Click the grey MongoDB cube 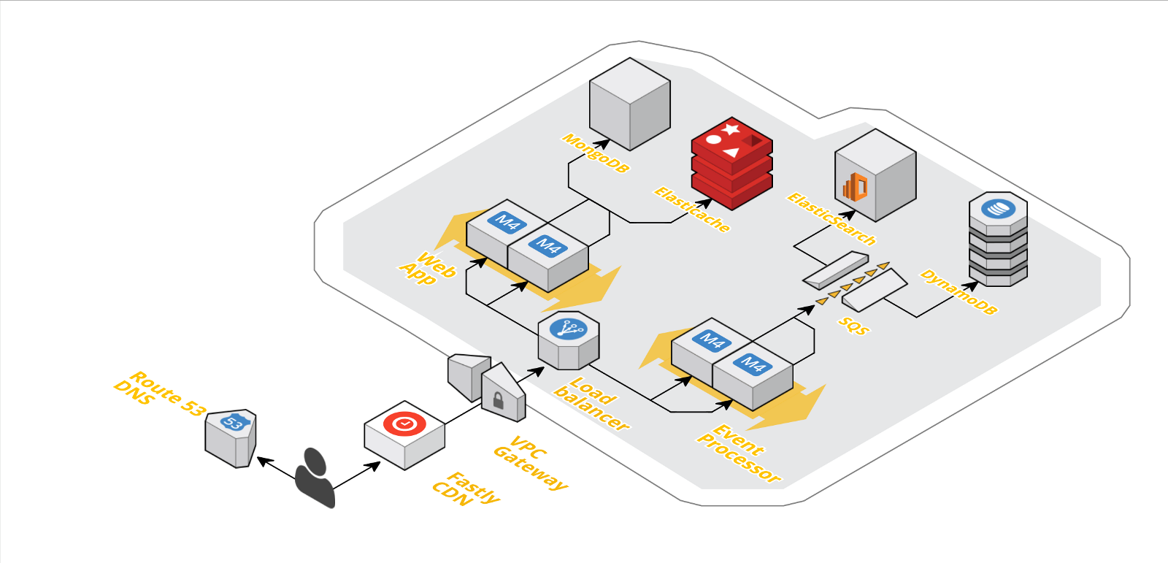pos(629,104)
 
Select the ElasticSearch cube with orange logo pos(875,176)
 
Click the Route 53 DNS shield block pos(231,437)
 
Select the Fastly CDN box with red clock pos(404,434)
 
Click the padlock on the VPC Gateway pos(498,401)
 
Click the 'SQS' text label pos(853,326)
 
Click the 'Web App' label pos(428,268)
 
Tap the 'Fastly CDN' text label pos(465,489)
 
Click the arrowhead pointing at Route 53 pos(262,461)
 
